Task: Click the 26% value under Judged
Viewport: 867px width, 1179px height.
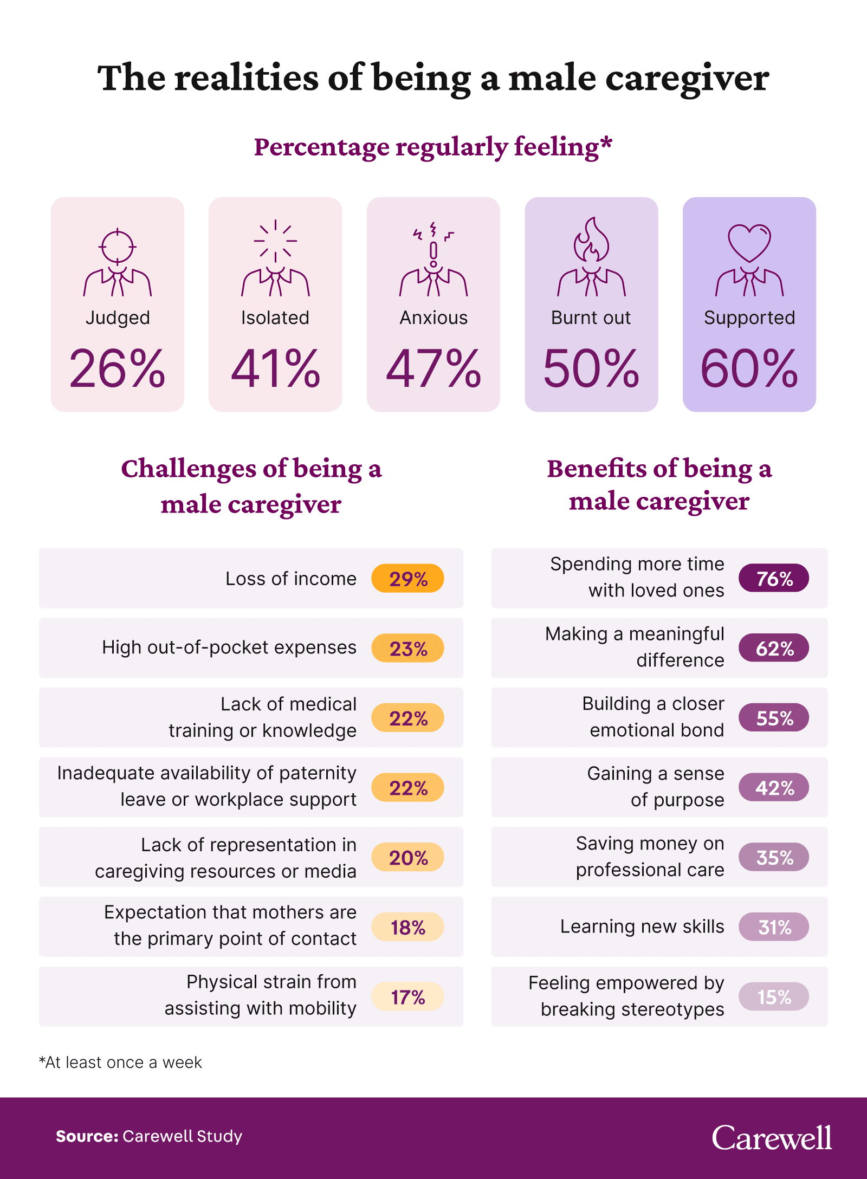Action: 117,369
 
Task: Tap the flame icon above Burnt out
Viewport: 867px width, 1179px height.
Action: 591,242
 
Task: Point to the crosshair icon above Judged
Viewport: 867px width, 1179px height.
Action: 117,246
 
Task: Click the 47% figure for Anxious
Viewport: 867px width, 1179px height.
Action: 433,369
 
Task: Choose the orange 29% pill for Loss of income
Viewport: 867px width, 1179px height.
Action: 407,579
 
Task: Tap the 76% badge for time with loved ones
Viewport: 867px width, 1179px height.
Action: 773,578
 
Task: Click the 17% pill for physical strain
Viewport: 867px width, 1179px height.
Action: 407,997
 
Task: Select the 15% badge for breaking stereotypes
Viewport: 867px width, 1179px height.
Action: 773,997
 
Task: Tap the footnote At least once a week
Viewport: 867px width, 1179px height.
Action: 120,1063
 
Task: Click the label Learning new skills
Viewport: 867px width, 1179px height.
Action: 642,927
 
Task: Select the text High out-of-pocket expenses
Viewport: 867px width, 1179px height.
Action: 229,647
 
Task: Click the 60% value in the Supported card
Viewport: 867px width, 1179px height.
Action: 749,369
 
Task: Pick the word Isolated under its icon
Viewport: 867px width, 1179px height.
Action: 275,318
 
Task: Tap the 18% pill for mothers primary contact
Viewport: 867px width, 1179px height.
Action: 407,927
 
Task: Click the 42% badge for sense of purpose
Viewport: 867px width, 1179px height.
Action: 773,788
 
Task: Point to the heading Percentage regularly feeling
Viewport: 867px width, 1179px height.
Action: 433,147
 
